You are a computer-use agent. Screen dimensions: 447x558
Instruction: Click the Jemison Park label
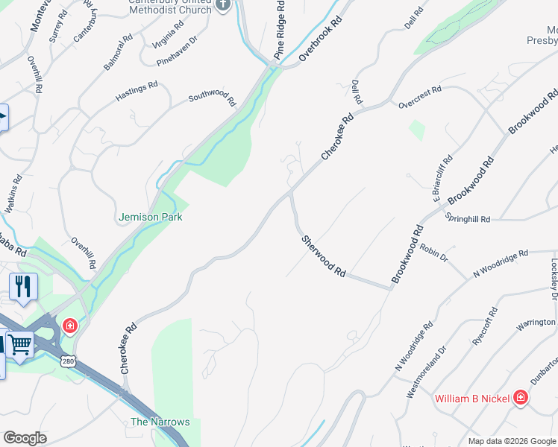pos(150,217)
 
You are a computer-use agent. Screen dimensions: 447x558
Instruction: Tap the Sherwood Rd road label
pos(325,256)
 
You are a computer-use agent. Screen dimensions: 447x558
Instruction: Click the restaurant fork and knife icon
pos(23,286)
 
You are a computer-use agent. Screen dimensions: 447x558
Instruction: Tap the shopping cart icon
pos(20,344)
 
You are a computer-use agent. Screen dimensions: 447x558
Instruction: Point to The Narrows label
pos(160,422)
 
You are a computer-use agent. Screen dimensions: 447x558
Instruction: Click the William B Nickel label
pos(473,398)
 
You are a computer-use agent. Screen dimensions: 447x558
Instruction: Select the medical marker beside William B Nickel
pos(521,398)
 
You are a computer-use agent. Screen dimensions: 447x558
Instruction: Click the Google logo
pos(25,438)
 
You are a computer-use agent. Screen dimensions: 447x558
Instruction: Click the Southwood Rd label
pos(212,98)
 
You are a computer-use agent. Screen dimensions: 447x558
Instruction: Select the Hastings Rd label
pos(137,92)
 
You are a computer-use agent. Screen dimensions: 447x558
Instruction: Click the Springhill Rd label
pos(468,219)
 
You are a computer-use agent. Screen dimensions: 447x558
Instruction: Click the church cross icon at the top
pos(222,5)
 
